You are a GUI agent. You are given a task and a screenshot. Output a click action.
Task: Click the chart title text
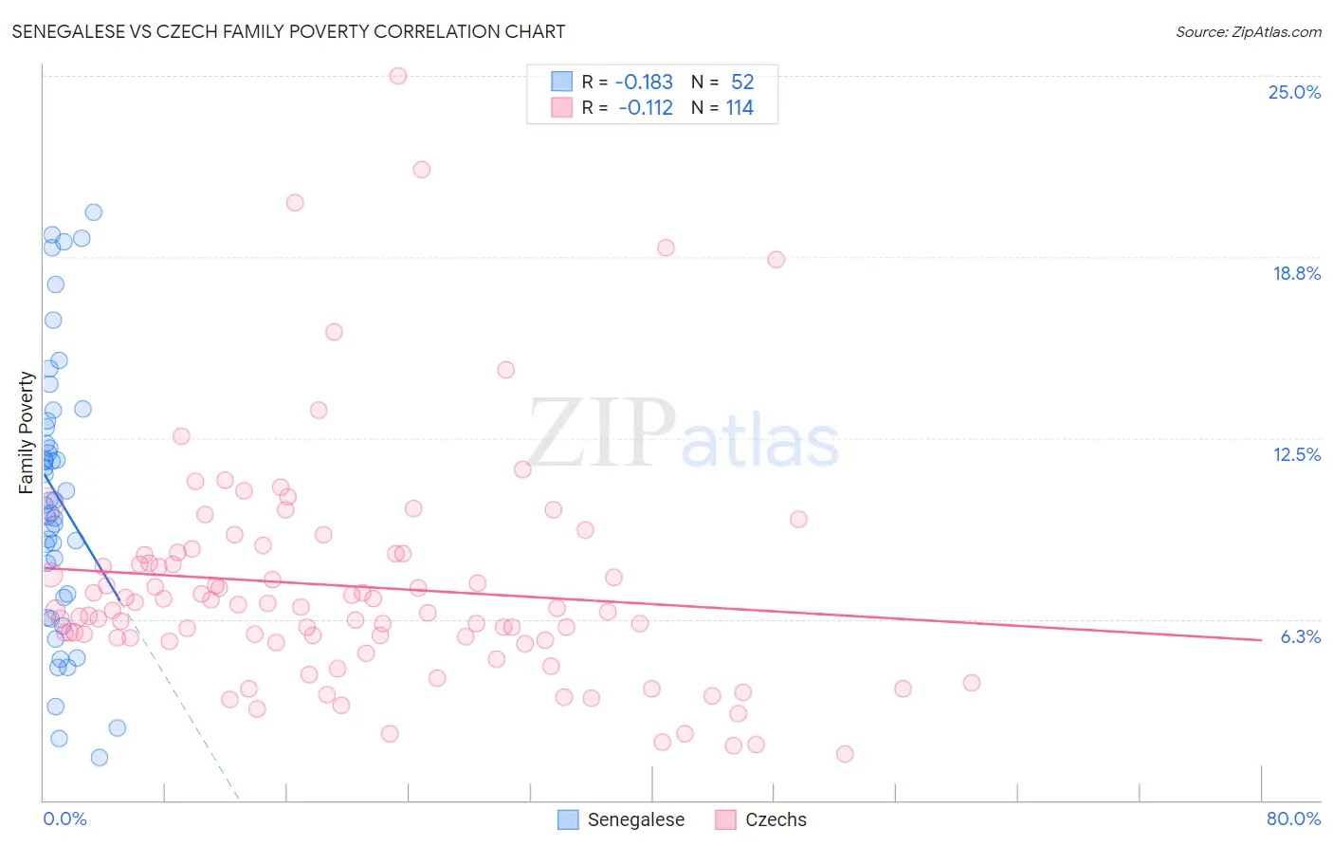[x=288, y=31]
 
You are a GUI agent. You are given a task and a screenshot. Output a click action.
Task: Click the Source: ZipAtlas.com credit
[x=1248, y=31]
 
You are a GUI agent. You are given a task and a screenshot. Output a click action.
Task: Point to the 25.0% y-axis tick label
[x=1294, y=92]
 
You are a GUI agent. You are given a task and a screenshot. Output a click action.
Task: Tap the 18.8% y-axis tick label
[x=1296, y=273]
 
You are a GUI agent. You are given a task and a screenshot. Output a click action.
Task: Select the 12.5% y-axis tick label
[x=1296, y=454]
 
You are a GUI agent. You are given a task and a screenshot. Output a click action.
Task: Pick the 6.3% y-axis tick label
[x=1300, y=636]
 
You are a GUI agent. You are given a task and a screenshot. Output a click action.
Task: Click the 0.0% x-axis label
[x=64, y=818]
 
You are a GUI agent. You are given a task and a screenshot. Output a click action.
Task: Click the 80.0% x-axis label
[x=1293, y=818]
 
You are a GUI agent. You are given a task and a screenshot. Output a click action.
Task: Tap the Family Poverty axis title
[x=27, y=432]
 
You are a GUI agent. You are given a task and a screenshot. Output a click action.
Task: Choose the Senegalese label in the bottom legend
[x=635, y=819]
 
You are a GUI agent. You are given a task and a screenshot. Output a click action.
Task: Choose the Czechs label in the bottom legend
[x=776, y=819]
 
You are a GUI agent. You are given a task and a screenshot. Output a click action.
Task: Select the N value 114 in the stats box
[x=740, y=108]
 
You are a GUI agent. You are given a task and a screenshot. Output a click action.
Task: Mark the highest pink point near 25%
[x=398, y=76]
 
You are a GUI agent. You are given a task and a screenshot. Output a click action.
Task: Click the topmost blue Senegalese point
[x=93, y=212]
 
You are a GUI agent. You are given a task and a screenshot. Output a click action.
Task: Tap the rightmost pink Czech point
[x=971, y=683]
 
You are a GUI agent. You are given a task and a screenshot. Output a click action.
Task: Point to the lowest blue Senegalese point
[x=100, y=757]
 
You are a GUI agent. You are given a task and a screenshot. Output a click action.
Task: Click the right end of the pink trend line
[x=1261, y=640]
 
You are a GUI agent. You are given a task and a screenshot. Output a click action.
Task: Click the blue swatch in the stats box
[x=562, y=83]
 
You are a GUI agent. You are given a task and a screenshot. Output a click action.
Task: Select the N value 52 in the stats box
[x=742, y=83]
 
